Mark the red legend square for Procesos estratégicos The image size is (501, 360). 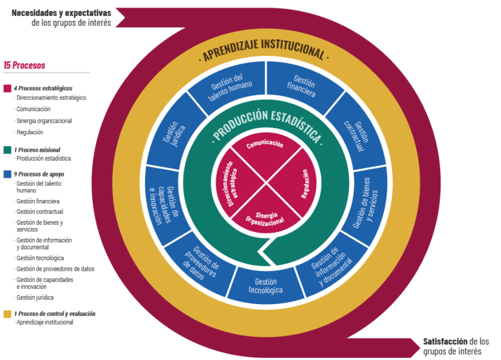pyautogui.click(x=7, y=88)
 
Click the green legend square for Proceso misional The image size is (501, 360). pyautogui.click(x=7, y=150)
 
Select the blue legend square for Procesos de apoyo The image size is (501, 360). pyautogui.click(x=7, y=174)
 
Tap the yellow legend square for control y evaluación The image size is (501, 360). pyautogui.click(x=7, y=314)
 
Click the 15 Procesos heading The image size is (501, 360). pyautogui.click(x=25, y=65)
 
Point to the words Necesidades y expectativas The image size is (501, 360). pyautogui.click(x=61, y=13)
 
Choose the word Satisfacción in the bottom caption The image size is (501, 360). pyautogui.click(x=445, y=341)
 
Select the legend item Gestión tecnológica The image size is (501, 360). pyautogui.click(x=40, y=258)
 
